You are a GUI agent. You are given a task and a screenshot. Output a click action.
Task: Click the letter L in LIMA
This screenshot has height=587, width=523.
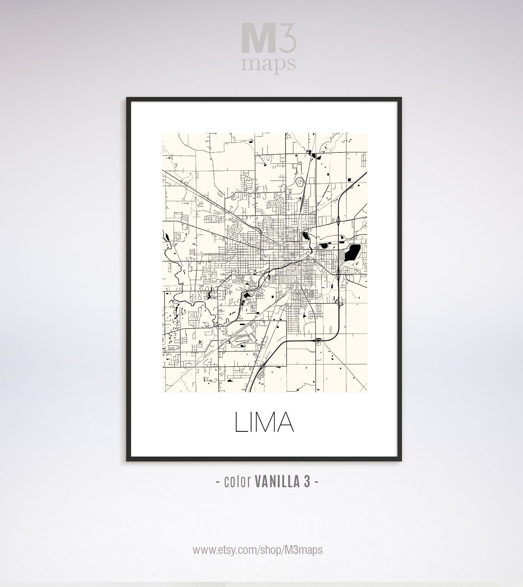pos(240,422)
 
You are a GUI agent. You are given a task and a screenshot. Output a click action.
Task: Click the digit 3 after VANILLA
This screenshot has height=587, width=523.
pos(306,482)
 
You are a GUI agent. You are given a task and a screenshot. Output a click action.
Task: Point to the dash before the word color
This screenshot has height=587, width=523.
pos(218,482)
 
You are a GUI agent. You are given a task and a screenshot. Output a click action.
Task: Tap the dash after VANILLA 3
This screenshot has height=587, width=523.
pos(316,482)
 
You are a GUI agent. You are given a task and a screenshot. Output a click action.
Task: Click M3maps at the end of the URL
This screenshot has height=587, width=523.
pos(302,550)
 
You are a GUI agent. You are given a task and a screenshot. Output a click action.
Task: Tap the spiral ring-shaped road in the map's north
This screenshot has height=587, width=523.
pos(299,181)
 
